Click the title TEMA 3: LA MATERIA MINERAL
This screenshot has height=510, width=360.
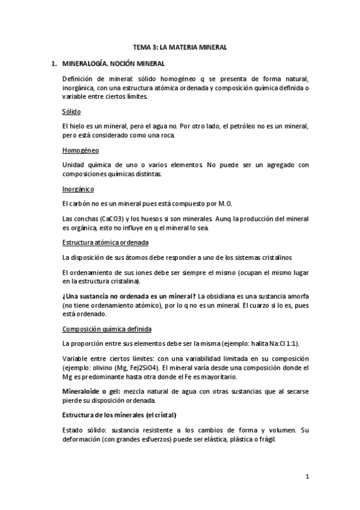(180, 47)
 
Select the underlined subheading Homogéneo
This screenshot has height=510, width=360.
(81, 150)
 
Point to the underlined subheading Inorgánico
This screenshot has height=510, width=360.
(78, 188)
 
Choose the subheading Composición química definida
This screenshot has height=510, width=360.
(107, 329)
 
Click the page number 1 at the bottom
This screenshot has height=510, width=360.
(307, 477)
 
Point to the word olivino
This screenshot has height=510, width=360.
(105, 367)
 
